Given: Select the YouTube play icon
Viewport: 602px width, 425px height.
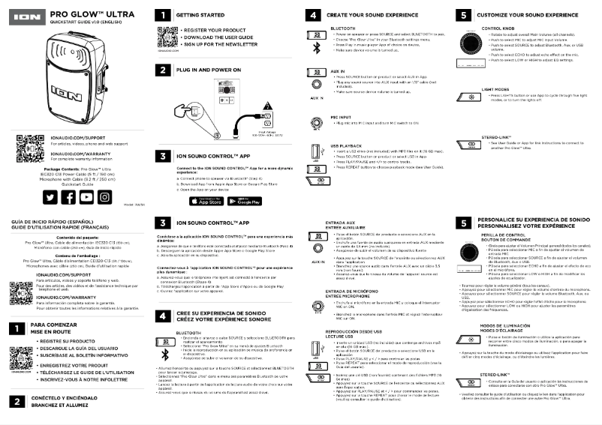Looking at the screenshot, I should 87,196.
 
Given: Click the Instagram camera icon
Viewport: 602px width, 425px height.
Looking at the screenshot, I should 107,196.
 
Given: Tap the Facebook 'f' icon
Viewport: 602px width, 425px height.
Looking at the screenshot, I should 68,196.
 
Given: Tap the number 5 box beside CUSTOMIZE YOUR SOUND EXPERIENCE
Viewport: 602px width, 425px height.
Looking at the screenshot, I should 464,15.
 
